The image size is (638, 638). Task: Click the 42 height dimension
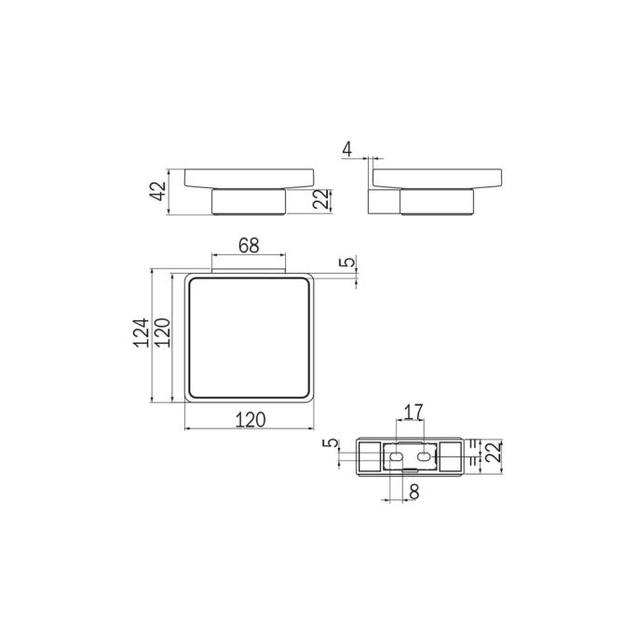(157, 192)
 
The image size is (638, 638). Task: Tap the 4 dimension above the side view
(347, 148)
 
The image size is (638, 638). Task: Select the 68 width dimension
(248, 247)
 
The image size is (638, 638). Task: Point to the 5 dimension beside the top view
(346, 264)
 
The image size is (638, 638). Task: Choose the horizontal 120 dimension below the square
(249, 419)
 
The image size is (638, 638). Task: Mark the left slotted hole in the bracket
(395, 457)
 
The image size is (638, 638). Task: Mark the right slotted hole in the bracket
(425, 457)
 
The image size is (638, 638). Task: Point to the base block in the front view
(249, 202)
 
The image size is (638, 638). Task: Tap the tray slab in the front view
(249, 179)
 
